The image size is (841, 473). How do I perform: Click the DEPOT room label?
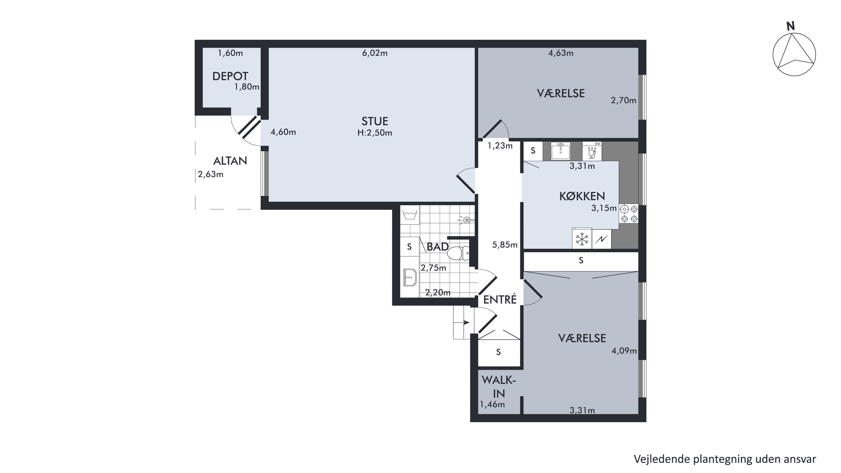pos(230,76)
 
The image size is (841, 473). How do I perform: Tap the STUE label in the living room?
pos(375,121)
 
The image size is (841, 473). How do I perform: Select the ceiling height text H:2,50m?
pos(375,133)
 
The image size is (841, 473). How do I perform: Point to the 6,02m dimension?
pos(375,53)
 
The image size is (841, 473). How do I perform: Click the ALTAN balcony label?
pos(230,161)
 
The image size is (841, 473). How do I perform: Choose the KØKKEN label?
pos(582,196)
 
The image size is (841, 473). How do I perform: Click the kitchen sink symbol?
pos(561,151)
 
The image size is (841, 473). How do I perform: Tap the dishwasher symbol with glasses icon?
pos(592,151)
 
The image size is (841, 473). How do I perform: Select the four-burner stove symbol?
pos(629,214)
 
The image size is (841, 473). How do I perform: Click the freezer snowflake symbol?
pos(582,239)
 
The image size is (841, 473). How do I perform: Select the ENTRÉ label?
pos(500,300)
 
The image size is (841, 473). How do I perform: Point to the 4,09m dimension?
pos(624,351)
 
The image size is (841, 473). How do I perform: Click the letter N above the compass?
pos(790,26)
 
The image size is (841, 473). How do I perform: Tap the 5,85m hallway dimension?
pos(505,245)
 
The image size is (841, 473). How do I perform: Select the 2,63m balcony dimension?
pos(211,174)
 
